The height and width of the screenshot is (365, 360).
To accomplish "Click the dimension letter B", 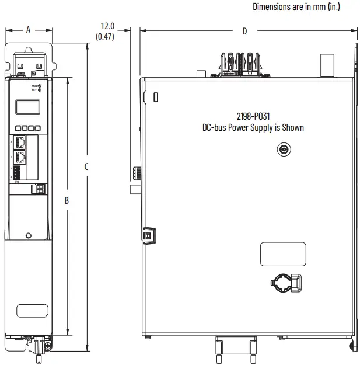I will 67,200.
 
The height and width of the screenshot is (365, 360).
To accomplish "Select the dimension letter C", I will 86,166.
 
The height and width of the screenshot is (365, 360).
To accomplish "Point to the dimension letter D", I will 244,31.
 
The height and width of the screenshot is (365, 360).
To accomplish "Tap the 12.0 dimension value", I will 108,26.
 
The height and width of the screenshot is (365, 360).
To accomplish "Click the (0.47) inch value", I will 105,37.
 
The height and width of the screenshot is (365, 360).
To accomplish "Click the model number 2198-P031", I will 253,116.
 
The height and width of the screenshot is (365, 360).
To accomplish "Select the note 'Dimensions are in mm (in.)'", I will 296,7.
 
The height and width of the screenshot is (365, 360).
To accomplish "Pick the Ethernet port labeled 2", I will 21,142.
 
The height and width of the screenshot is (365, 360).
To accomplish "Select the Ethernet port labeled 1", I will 21,156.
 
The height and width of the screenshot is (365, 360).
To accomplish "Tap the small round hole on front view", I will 29,235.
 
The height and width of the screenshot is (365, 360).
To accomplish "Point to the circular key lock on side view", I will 283,150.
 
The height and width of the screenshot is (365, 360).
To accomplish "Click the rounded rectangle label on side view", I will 283,254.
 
